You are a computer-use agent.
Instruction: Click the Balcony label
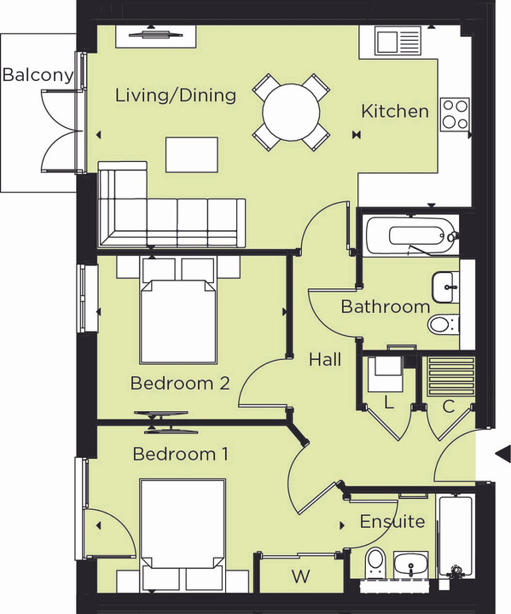coord(38,75)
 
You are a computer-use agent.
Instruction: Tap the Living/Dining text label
coord(176,95)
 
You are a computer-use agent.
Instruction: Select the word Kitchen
coord(395,111)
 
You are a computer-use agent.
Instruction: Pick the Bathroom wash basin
coord(445,287)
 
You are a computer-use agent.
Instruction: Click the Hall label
coord(325,360)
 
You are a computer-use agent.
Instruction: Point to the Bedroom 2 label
coord(180,384)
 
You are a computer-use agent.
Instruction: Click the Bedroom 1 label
coord(180,454)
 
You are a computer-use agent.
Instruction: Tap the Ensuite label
coord(392,521)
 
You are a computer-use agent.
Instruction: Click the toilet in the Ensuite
coord(375,564)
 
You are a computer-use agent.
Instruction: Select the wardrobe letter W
coord(300,576)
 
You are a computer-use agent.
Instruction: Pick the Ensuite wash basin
coord(414,565)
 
